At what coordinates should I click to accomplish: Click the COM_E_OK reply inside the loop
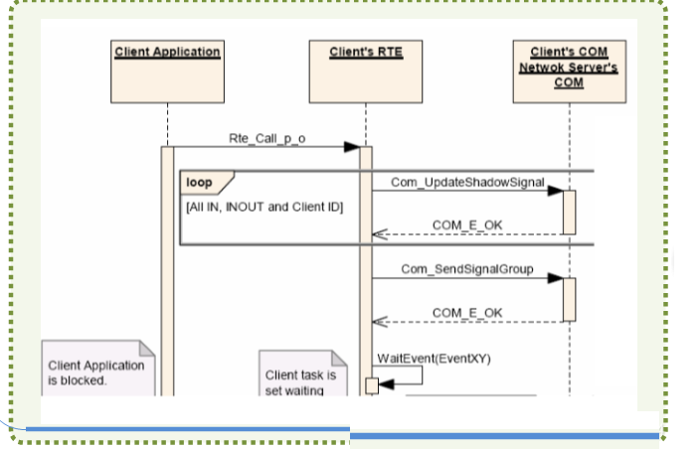466,225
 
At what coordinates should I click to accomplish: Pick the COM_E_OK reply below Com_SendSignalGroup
466,312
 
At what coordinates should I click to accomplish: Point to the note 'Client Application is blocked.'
97,372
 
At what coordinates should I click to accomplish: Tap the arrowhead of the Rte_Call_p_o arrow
352,147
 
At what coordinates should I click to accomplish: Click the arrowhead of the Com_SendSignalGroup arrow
556,277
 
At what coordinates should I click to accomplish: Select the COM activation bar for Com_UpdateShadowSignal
569,212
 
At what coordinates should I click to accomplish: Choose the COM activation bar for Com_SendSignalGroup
569,299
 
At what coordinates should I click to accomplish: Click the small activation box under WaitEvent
372,385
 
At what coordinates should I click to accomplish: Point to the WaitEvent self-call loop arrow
408,375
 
